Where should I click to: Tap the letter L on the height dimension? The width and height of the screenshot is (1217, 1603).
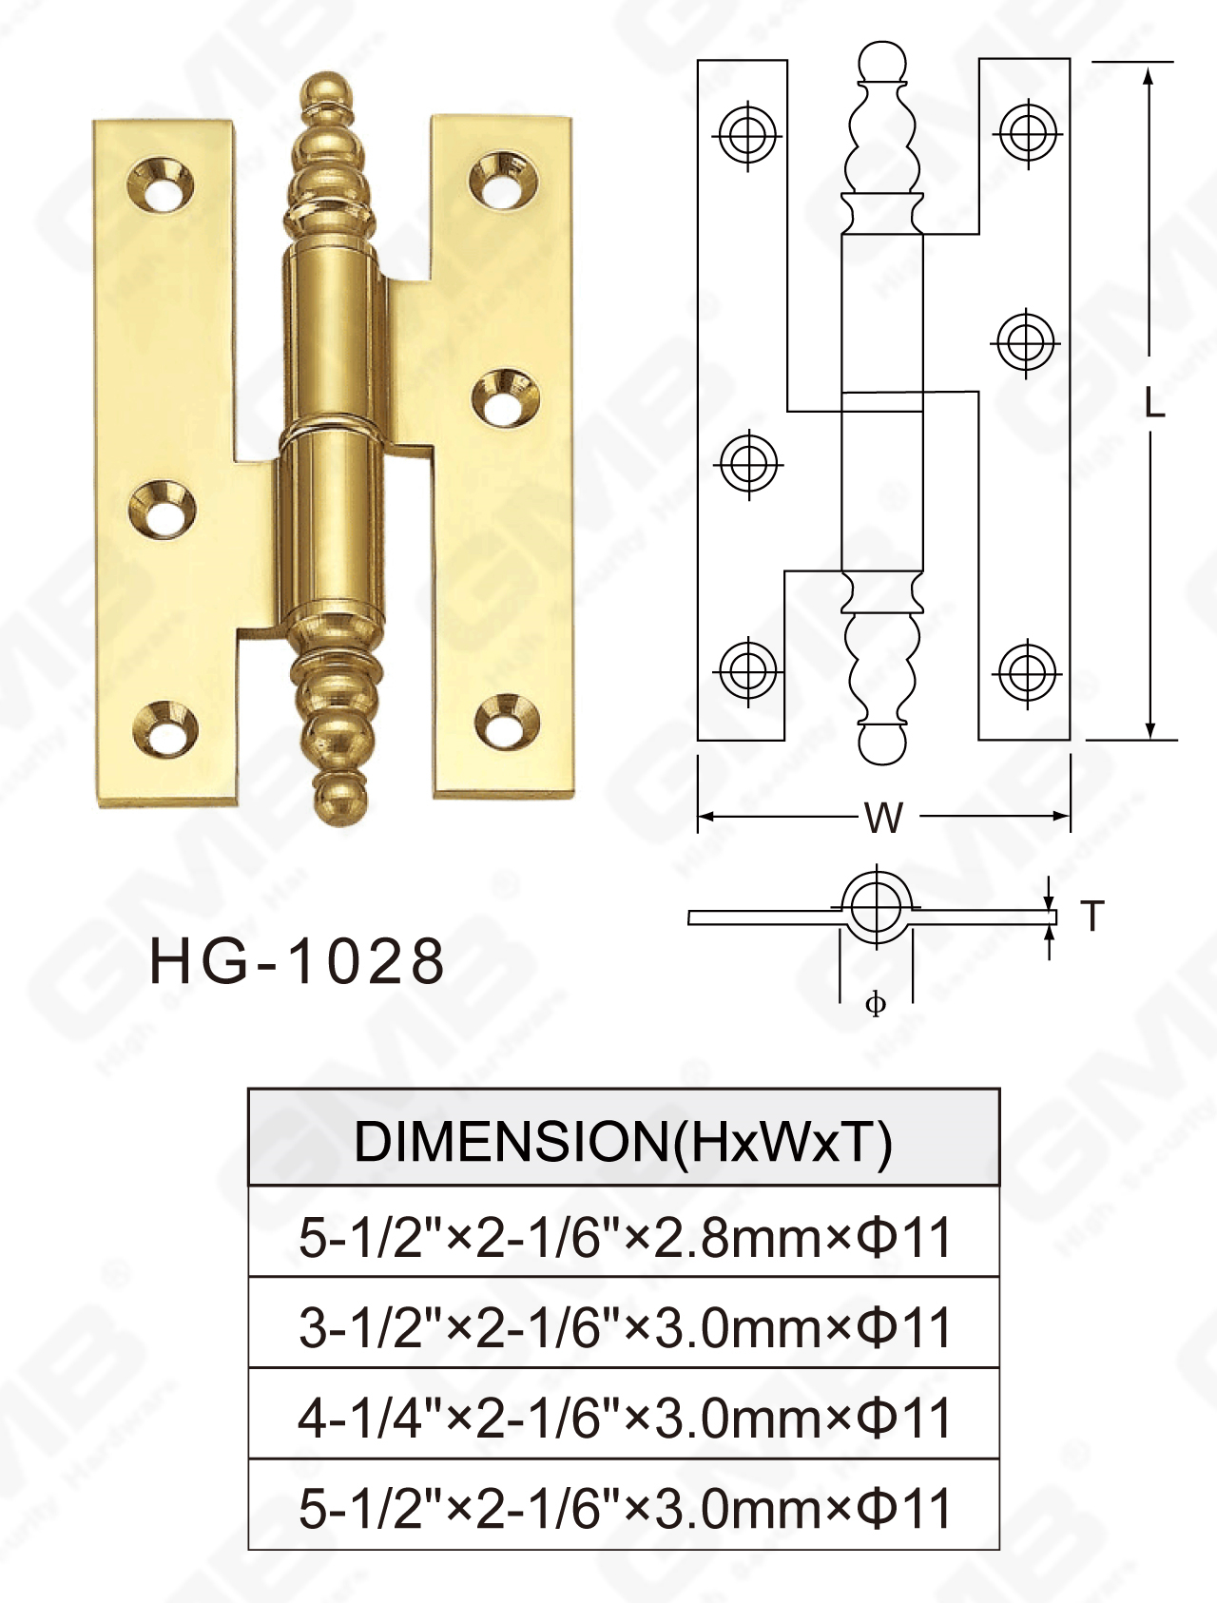(x=1153, y=403)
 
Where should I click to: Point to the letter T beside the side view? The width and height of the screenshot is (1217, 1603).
(x=1092, y=916)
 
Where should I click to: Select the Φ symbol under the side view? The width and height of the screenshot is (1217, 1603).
(x=876, y=1003)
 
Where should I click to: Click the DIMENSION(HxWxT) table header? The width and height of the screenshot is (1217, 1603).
(x=623, y=1141)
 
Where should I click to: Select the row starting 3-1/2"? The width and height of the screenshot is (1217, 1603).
(x=623, y=1327)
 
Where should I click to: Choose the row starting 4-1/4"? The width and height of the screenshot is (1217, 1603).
(x=623, y=1418)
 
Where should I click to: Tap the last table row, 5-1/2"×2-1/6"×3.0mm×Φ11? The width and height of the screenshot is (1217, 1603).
(x=623, y=1508)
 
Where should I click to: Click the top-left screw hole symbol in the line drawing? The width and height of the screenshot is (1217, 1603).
(x=747, y=134)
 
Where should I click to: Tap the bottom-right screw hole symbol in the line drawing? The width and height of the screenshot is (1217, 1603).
(x=1026, y=672)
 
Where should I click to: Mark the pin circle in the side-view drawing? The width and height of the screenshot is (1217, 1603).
(x=876, y=905)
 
